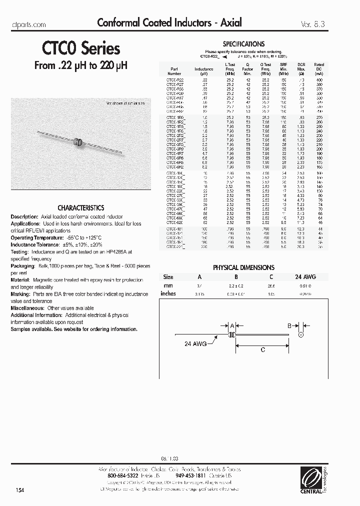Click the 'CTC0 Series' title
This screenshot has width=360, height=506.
tap(77, 49)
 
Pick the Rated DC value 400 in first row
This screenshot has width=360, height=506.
tap(319, 80)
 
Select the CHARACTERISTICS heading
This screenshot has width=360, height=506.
tap(80, 207)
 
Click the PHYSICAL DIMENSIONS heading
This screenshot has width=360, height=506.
tap(243, 267)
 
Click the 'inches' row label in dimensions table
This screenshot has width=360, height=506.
tap(168, 293)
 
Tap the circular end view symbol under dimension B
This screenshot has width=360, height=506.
tap(301, 334)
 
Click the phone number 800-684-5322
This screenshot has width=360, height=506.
tap(124, 475)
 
